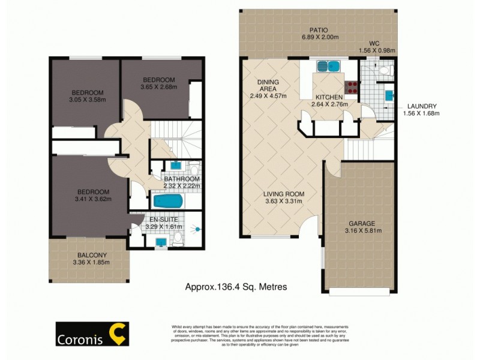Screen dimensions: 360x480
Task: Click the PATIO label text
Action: coord(318,29)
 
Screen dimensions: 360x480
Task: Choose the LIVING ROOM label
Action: coord(284,194)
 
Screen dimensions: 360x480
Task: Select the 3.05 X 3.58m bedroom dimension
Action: coord(88,100)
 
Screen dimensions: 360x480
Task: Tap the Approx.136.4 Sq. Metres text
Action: coord(235,287)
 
